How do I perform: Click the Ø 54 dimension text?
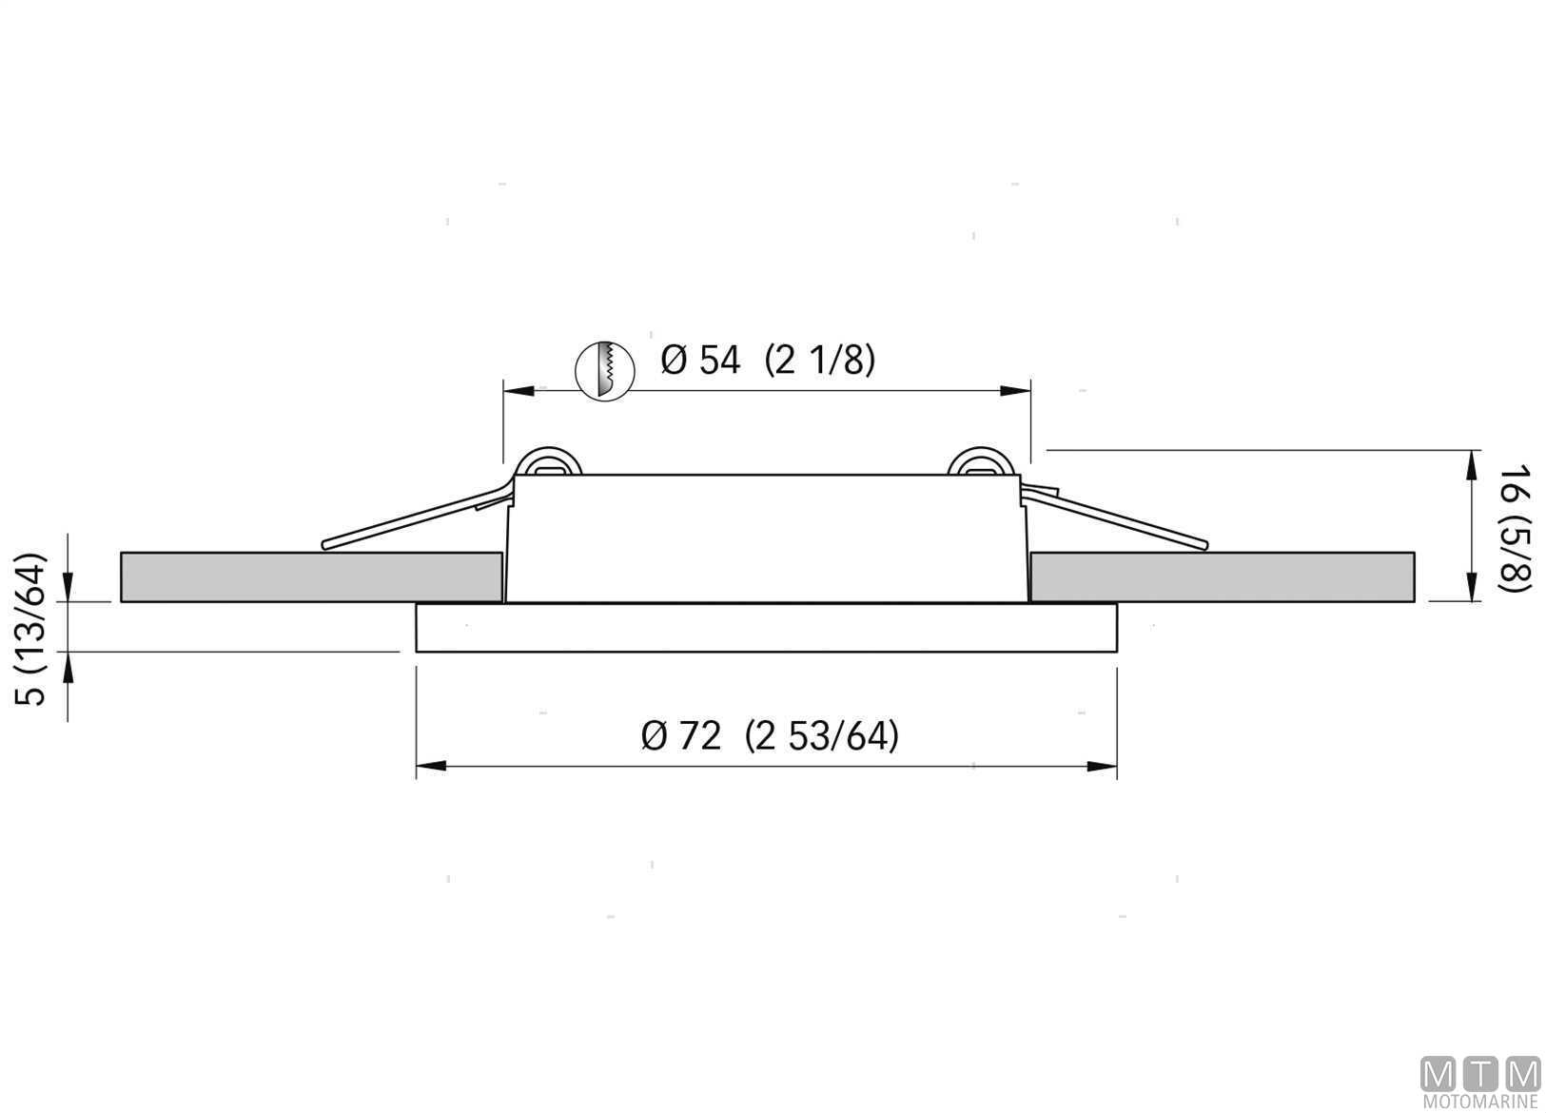coord(700,361)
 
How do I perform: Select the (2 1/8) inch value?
coord(820,361)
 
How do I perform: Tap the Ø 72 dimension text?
coord(681,736)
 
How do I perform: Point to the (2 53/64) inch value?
coord(822,736)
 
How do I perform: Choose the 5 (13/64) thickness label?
coord(31,629)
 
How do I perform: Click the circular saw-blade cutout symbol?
coord(604,372)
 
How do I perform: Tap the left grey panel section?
coord(311,576)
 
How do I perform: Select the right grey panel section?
coord(1222,576)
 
